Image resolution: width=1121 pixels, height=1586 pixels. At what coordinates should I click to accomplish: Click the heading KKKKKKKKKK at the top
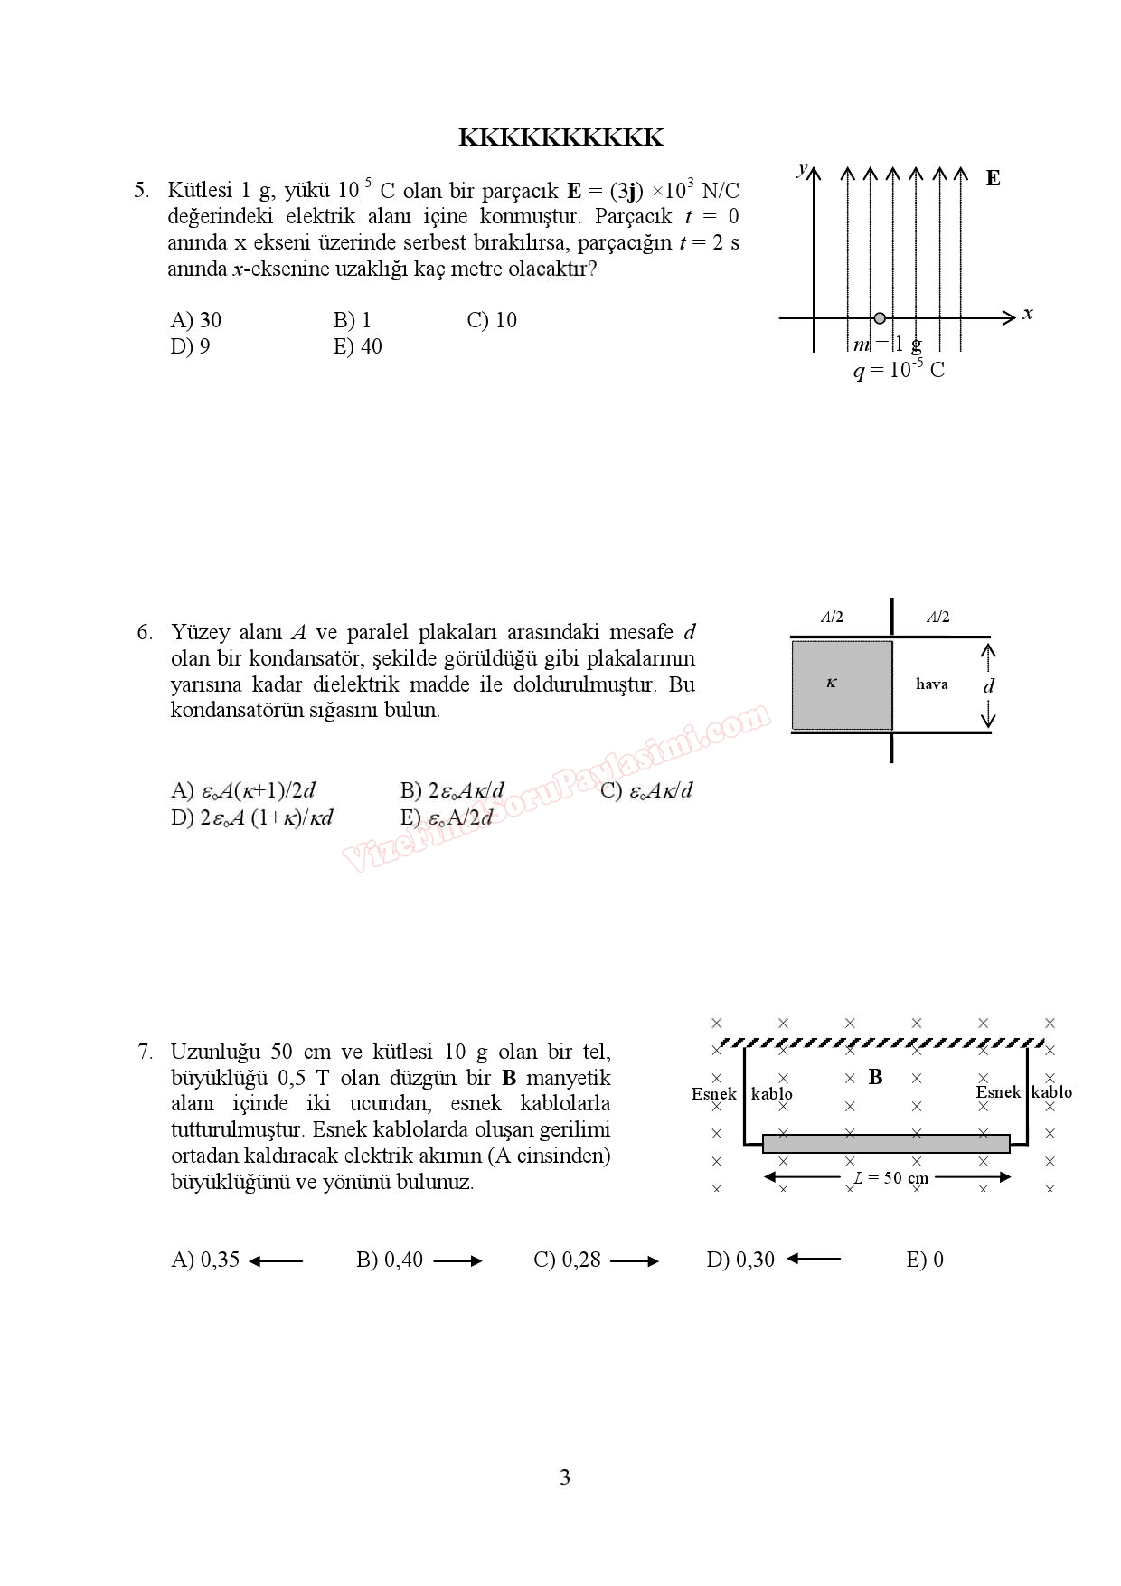coord(560,137)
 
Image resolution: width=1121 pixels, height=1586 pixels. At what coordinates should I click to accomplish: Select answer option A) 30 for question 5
coord(195,320)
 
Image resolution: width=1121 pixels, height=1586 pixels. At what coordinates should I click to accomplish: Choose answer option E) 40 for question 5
coord(357,346)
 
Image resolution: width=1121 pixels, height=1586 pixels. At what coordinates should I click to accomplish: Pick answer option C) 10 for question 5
coord(492,320)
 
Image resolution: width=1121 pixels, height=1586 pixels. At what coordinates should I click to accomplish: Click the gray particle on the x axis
coord(880,318)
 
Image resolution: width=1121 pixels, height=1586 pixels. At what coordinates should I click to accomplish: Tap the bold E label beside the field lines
coord(993,178)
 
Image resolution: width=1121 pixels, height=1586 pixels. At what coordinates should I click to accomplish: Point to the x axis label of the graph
coord(1027,314)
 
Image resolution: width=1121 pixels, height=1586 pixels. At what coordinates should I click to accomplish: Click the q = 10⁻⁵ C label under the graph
coord(899,370)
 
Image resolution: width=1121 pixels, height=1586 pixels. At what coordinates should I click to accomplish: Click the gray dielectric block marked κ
coord(842,684)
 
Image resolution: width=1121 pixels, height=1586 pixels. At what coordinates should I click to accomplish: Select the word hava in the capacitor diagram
coord(931,684)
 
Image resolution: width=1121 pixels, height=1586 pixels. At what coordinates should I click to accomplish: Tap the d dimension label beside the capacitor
coord(988,685)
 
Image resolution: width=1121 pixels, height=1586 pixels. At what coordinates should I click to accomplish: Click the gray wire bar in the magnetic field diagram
coord(886,1144)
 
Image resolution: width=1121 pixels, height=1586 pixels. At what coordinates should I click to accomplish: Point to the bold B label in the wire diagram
coord(875,1077)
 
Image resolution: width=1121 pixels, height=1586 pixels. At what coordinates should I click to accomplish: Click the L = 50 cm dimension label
coord(891,1177)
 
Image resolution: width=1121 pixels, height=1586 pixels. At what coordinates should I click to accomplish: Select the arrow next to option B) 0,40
coord(457,1260)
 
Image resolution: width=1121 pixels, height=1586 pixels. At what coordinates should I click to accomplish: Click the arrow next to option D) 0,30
coord(814,1259)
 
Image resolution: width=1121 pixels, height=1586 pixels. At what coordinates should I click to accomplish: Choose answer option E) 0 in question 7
coord(924,1260)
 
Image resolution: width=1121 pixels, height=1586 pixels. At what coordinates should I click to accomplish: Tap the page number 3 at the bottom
coord(565,1477)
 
